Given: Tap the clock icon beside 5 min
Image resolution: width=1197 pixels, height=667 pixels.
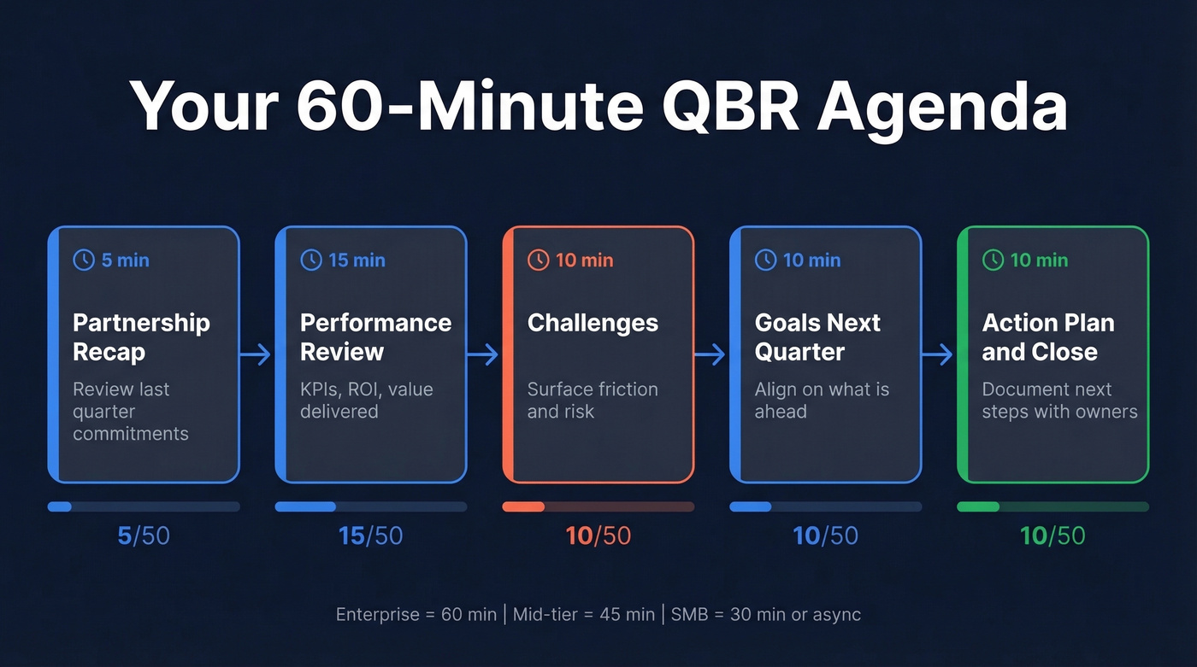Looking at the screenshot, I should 84,260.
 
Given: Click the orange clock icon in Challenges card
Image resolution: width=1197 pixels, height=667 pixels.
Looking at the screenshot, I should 538,260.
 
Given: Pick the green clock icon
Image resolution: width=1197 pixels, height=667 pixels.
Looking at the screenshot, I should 993,260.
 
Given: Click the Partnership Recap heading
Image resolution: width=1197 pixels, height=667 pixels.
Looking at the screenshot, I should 141,337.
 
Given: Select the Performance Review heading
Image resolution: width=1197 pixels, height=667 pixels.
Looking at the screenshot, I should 375,337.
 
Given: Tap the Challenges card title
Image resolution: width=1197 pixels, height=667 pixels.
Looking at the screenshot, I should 593,323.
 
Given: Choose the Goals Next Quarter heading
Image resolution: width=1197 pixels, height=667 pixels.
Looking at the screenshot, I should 817,337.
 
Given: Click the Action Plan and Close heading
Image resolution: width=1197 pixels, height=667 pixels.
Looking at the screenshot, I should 1047,337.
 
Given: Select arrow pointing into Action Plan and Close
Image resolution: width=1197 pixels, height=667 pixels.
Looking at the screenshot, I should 939,354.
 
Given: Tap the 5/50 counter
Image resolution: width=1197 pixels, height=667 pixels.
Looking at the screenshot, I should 144,536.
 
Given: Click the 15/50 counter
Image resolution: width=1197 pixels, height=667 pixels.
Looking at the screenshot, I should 370,536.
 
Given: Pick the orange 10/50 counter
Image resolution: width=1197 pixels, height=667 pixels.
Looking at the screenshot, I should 598,536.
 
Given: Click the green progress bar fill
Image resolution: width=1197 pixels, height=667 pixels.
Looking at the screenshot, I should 978,506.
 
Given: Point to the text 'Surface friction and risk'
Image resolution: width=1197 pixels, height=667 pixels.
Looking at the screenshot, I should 593,400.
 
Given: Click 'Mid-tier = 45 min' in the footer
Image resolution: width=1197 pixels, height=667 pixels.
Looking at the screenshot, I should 579,614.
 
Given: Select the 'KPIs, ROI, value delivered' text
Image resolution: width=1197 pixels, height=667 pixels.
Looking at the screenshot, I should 366,400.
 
